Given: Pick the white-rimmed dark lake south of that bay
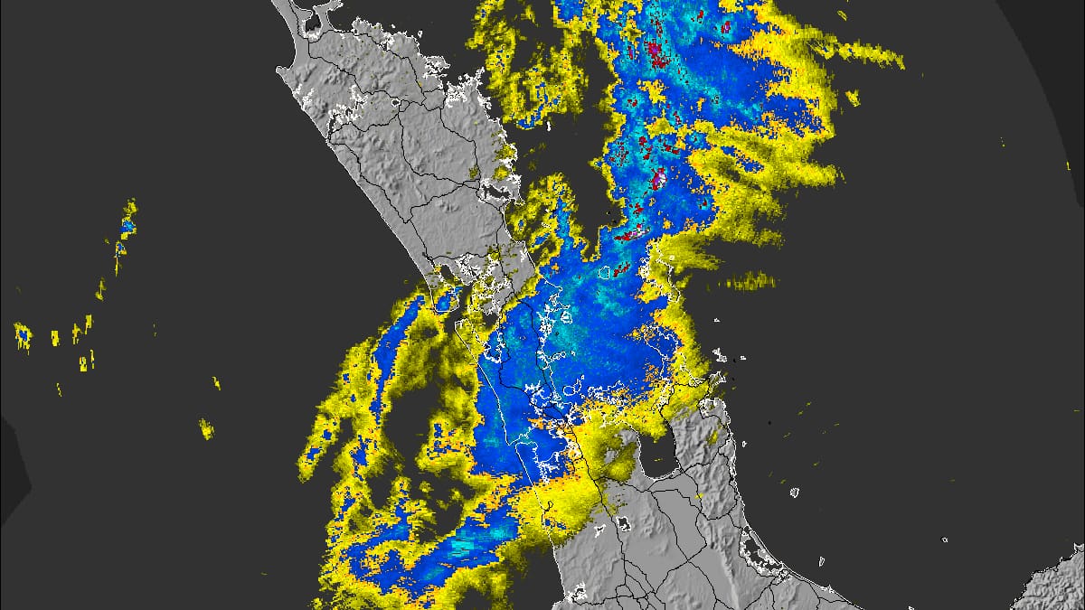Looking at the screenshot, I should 623,524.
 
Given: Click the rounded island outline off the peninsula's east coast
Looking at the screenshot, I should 795,493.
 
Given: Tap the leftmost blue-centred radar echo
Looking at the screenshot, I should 21,335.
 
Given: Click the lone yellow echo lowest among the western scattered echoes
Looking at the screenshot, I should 206,428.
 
